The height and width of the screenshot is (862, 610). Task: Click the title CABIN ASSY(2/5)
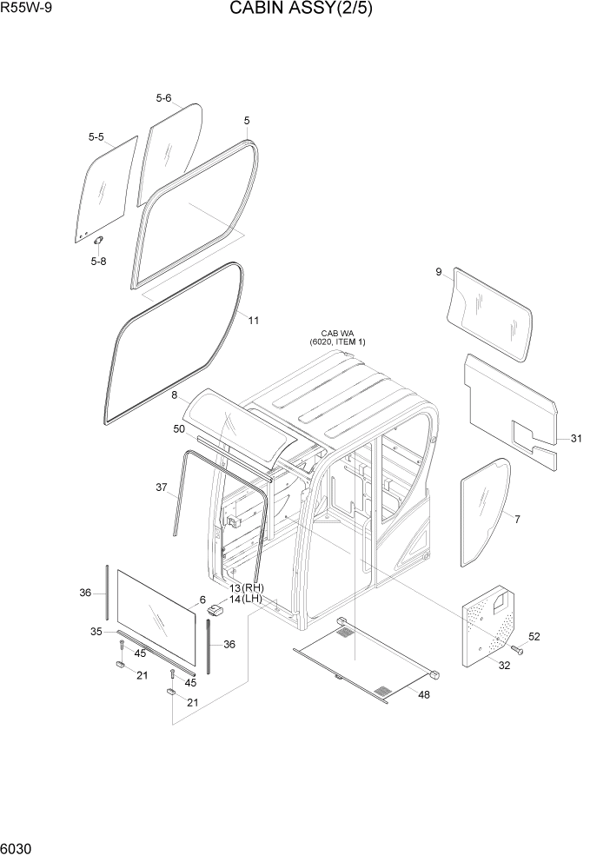pyautogui.click(x=301, y=10)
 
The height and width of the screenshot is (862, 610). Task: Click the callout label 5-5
pyautogui.click(x=96, y=137)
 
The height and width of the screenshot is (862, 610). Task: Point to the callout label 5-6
pyautogui.click(x=163, y=98)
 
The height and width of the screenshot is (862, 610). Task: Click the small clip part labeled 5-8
pyautogui.click(x=99, y=240)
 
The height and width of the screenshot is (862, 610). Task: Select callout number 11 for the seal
pyautogui.click(x=254, y=321)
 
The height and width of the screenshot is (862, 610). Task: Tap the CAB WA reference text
pyautogui.click(x=338, y=337)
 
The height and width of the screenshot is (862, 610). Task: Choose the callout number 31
pyautogui.click(x=576, y=439)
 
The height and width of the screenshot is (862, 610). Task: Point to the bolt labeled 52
pyautogui.click(x=518, y=649)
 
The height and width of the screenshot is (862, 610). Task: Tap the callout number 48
pyautogui.click(x=423, y=694)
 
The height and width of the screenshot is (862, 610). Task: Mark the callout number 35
pyautogui.click(x=97, y=631)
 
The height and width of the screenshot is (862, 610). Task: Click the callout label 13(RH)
pyautogui.click(x=246, y=588)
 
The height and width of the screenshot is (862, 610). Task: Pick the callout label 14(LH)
pyautogui.click(x=246, y=599)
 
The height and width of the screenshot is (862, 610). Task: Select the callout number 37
pyautogui.click(x=161, y=487)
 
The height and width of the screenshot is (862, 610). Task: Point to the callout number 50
pyautogui.click(x=179, y=429)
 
